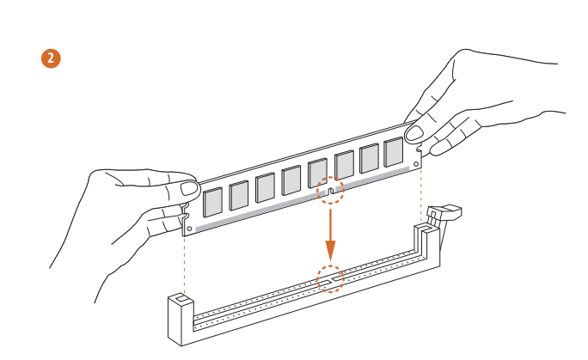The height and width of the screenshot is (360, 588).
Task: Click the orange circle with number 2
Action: point(51,58)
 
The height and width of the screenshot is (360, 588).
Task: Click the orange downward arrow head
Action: point(330,250)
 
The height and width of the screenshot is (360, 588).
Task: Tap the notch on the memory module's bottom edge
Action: point(330,192)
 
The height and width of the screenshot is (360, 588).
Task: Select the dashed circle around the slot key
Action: point(330,279)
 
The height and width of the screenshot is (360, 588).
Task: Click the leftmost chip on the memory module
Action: point(212,202)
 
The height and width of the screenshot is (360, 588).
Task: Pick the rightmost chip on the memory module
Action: point(394,152)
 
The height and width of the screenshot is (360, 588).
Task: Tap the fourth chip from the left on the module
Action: point(291,180)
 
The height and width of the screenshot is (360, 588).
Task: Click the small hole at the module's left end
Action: point(189,229)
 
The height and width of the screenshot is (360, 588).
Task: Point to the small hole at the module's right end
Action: point(416,164)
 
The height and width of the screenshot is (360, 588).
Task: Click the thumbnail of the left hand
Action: point(189,188)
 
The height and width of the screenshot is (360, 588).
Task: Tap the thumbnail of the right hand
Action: point(414,133)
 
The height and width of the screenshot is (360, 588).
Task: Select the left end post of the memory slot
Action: point(181,320)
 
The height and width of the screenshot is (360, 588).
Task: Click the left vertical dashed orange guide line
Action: point(184,265)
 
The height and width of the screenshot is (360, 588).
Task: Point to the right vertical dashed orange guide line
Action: point(421,196)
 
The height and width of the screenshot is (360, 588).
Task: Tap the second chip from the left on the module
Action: point(239,195)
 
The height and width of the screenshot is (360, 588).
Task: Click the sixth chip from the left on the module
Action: point(344,165)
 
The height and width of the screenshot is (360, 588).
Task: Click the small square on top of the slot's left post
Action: point(181,298)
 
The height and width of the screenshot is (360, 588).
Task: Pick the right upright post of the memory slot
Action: point(426,246)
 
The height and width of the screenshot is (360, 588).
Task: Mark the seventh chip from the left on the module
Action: point(370,158)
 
